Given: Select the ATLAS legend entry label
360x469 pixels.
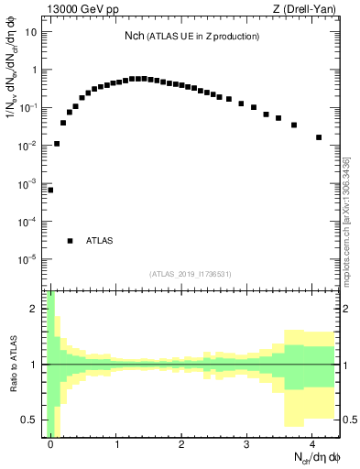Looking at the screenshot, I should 99,241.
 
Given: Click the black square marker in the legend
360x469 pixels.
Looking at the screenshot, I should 70,241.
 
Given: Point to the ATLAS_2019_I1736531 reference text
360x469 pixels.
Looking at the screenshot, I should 191,273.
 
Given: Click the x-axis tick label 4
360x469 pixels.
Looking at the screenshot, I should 311,444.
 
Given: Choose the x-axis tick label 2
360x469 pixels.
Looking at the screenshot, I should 181,444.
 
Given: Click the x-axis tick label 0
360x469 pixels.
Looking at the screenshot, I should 51,444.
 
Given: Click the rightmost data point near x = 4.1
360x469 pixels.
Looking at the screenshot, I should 319,137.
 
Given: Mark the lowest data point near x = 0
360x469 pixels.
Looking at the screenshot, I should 50,190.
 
